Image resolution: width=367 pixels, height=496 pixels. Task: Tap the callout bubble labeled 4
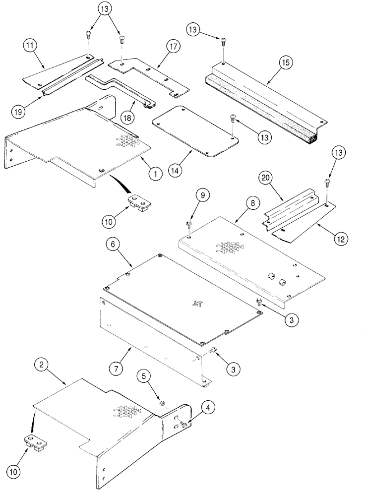(x=207, y=408)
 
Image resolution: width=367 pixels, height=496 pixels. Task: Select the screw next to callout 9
(x=190, y=224)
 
